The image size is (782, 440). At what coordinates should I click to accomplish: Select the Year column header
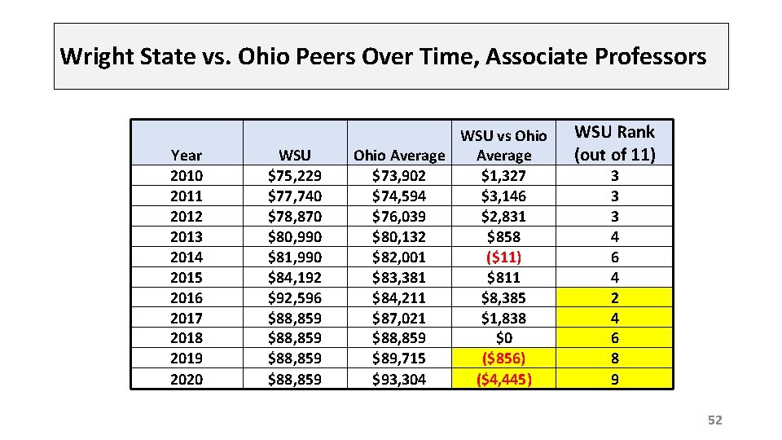point(187,155)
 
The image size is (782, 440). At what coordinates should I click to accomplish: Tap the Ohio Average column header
point(399,155)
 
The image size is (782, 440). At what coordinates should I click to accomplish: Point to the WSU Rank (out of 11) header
point(614,143)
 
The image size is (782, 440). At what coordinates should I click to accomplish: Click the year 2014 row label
point(187,257)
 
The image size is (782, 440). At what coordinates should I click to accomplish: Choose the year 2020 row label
point(187,379)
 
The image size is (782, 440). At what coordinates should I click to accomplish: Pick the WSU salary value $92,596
point(295,297)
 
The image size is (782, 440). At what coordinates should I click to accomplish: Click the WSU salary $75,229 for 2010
point(295,175)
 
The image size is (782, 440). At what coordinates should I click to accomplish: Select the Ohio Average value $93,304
point(399,379)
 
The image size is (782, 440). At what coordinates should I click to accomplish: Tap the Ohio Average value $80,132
point(399,236)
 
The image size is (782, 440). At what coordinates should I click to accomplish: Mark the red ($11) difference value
point(503,257)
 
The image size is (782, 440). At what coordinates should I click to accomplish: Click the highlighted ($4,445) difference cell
point(503,379)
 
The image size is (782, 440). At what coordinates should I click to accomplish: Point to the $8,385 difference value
point(503,297)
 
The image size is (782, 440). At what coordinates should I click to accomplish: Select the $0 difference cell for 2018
point(503,338)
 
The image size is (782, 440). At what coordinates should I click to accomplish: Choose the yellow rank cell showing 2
point(614,297)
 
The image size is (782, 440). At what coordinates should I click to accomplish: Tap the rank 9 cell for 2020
point(614,379)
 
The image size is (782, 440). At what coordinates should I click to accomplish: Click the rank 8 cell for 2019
point(614,359)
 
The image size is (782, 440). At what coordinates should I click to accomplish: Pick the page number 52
point(714,420)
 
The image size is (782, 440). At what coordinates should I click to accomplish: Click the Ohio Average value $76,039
point(399,216)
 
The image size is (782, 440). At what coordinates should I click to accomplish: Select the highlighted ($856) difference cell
point(503,359)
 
